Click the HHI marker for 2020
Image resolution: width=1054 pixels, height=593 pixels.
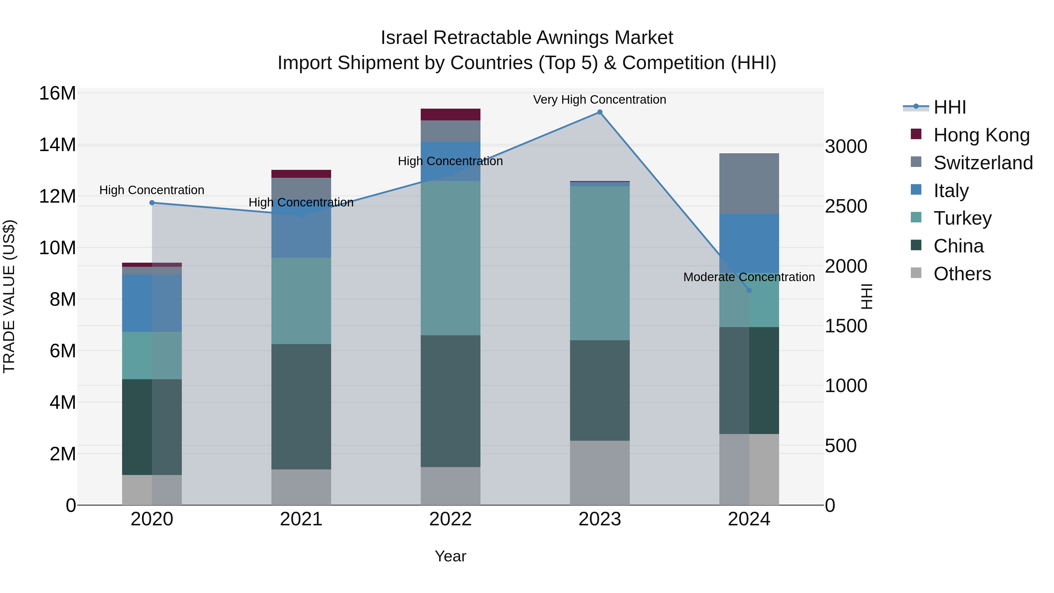[152, 203]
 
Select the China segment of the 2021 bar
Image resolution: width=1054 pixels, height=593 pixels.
[301, 406]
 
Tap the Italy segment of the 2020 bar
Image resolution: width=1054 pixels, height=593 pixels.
[152, 303]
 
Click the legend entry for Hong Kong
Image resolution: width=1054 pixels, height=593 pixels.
[981, 135]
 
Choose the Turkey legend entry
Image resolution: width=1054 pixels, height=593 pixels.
[962, 218]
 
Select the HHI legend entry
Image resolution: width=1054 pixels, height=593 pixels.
[949, 107]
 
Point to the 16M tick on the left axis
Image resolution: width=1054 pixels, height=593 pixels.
[57, 93]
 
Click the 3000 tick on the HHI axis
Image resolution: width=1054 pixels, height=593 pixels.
[846, 146]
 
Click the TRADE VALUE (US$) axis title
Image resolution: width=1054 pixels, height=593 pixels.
[9, 296]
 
